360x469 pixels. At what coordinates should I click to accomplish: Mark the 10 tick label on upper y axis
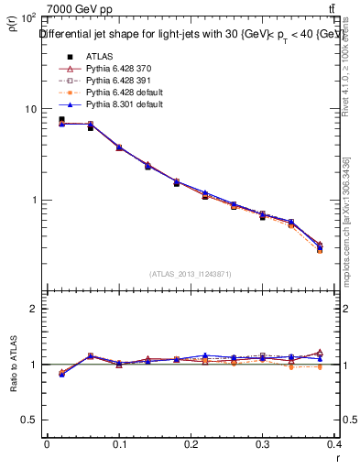[x=29, y=109]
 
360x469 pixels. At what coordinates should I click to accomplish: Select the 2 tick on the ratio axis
[x=32, y=309]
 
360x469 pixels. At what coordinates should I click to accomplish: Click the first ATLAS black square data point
[x=61, y=120]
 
